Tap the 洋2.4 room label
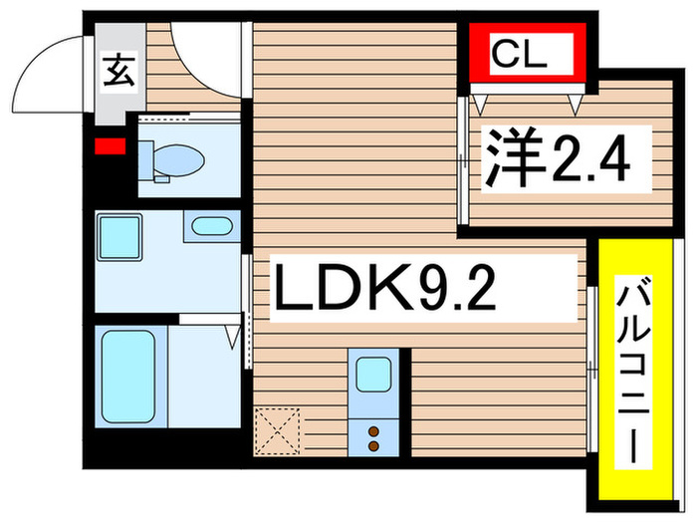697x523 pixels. point(557,157)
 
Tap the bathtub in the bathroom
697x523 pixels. point(129,377)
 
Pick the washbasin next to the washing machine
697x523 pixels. point(210,225)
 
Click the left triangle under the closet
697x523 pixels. point(481,101)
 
